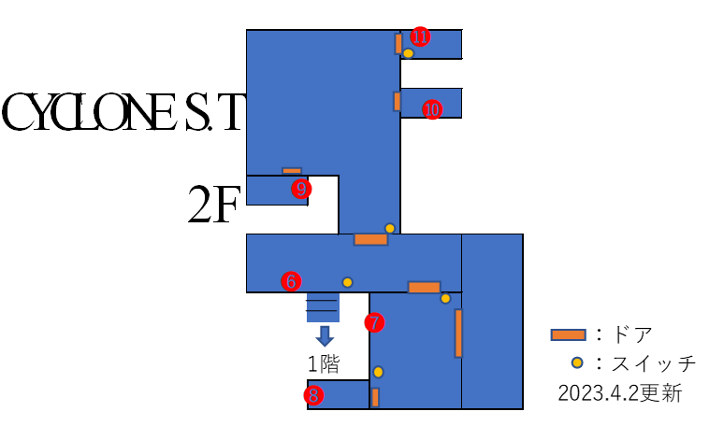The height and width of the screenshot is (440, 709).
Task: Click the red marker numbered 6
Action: [x=291, y=281]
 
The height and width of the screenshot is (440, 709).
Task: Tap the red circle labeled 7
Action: [x=374, y=322]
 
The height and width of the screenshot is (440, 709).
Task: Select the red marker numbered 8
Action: [x=313, y=395]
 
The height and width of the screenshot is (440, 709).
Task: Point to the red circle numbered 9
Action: [x=301, y=189]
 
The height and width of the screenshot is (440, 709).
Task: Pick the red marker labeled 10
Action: [x=431, y=109]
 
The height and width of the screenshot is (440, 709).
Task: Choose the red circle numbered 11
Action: [x=420, y=36]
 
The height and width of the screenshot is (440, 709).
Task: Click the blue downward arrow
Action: [x=325, y=335]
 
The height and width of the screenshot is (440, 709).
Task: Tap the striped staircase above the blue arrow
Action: [x=323, y=307]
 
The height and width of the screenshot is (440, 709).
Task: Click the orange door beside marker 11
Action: [x=398, y=44]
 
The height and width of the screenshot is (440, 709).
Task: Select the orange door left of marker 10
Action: [x=397, y=101]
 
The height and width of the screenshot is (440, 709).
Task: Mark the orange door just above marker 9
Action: [x=292, y=171]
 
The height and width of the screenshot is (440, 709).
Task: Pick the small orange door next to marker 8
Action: [x=375, y=397]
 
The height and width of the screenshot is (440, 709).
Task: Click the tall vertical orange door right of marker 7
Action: [x=458, y=333]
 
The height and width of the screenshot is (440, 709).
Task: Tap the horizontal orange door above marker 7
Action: [x=424, y=288]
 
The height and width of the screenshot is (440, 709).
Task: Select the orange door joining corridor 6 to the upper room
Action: [x=370, y=239]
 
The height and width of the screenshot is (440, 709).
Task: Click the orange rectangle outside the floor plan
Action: [x=568, y=334]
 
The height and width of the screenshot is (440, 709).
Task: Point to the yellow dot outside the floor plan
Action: [x=577, y=362]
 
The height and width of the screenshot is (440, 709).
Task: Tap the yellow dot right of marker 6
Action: [x=347, y=282]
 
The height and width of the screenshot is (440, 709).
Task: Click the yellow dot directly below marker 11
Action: [x=408, y=53]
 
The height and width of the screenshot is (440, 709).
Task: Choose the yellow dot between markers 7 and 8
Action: [x=378, y=372]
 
